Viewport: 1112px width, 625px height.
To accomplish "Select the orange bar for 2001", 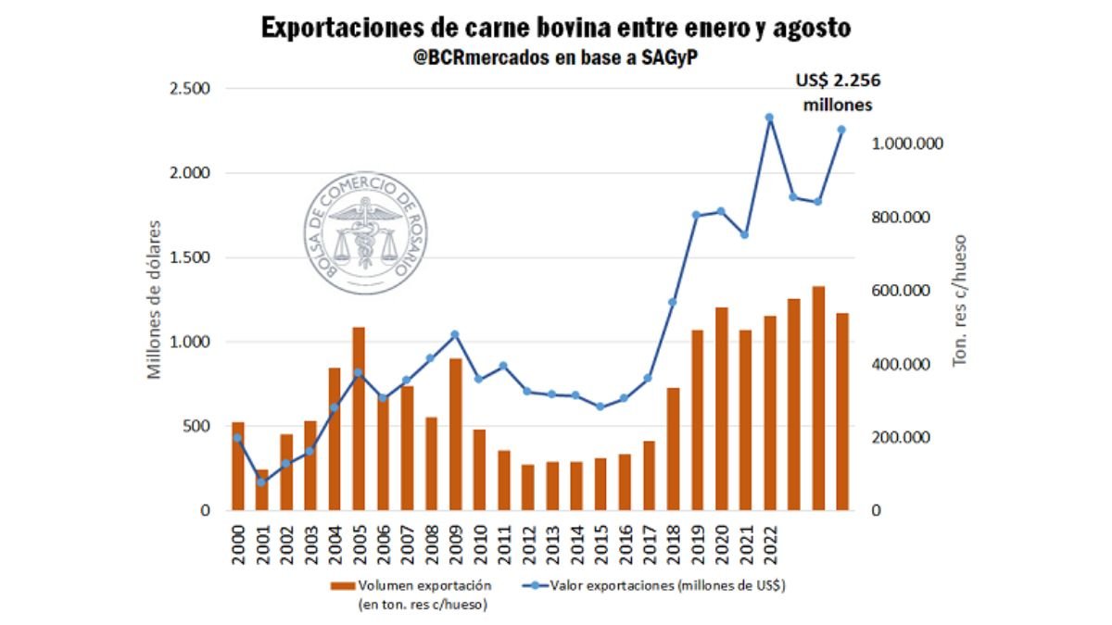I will click(262, 490).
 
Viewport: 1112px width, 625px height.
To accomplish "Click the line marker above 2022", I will click(769, 118).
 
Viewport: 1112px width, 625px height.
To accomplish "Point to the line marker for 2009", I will click(455, 334).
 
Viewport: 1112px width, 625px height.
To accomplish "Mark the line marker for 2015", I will click(600, 406).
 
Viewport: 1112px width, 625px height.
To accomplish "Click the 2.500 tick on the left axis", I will click(189, 89).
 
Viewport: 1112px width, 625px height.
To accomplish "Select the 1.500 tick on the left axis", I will click(189, 257).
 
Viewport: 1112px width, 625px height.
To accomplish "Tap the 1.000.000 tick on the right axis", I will click(908, 144).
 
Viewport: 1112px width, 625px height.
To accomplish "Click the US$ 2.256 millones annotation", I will click(837, 93).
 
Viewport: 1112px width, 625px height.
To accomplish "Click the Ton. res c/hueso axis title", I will click(960, 298).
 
